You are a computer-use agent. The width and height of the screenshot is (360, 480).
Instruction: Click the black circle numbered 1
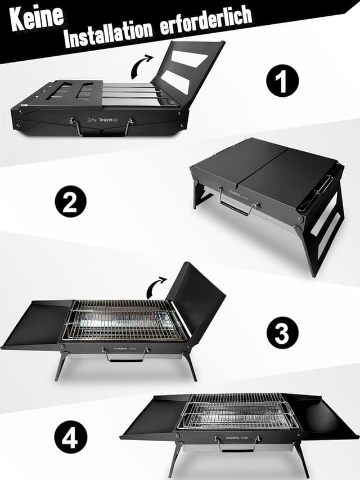[282, 82]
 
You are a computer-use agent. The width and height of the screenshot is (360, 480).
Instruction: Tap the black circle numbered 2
[70, 202]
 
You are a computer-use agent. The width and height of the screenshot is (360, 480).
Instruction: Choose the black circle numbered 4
[70, 437]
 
